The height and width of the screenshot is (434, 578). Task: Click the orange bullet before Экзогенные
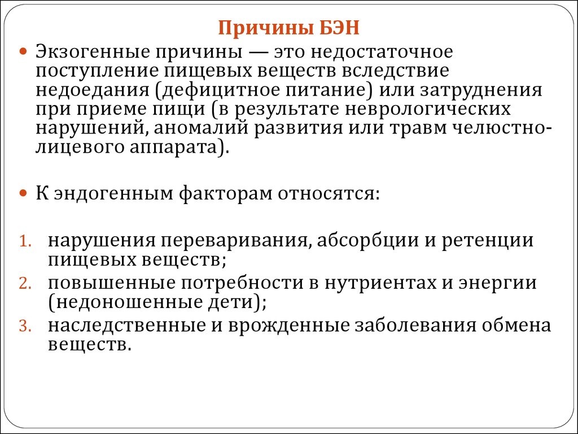(24, 51)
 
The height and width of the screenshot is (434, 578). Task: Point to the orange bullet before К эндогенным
(24, 193)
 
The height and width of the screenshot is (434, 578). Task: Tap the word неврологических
(430, 109)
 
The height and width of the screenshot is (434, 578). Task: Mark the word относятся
(328, 194)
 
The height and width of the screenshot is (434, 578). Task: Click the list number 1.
(25, 241)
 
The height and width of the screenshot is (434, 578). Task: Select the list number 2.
(25, 284)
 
